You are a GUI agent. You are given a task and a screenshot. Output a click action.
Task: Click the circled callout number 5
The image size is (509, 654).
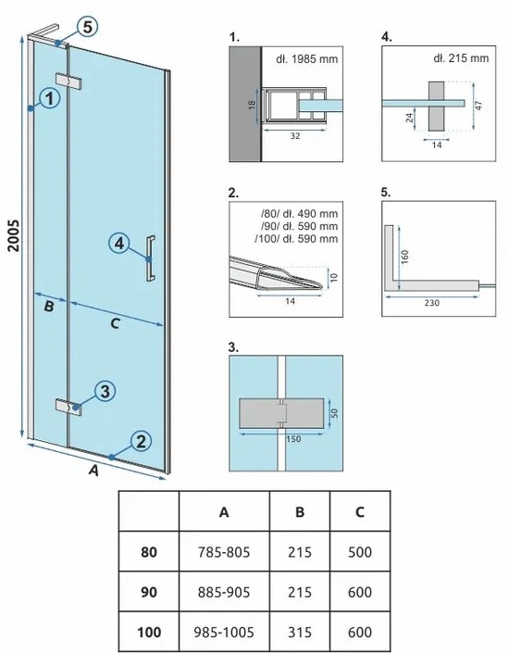[x=87, y=27]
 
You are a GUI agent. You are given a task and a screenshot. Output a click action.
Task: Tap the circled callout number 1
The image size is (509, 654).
[x=50, y=99]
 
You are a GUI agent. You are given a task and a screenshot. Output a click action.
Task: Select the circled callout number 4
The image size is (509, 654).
[x=119, y=243]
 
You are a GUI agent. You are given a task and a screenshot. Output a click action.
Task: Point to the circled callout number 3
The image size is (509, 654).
[x=105, y=392]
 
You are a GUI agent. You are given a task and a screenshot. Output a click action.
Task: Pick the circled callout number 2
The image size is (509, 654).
[x=141, y=441]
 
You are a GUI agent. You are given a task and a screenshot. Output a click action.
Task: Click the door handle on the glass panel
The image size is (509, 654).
[x=150, y=258]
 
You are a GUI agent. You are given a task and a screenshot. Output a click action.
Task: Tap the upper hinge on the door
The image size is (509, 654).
[x=68, y=82]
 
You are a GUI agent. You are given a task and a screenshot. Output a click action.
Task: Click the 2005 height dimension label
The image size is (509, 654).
[x=14, y=235]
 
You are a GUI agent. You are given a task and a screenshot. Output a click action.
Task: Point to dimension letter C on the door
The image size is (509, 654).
[x=115, y=323]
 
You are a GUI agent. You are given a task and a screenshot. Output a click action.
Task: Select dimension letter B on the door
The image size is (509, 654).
[x=49, y=307]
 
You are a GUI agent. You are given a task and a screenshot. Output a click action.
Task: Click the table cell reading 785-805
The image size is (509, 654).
[x=224, y=552]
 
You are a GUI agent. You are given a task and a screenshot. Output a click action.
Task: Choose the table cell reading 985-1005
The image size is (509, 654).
[x=224, y=633]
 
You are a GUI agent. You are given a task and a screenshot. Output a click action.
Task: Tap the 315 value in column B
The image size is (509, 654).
[x=300, y=633]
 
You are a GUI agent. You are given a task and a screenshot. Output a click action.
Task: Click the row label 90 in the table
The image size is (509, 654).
[x=149, y=592]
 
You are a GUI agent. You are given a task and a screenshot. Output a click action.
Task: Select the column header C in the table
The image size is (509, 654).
[x=360, y=511]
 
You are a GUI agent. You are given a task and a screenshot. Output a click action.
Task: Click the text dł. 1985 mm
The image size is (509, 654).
[x=307, y=59]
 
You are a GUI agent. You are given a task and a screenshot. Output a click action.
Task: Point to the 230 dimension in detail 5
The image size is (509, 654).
[x=432, y=303]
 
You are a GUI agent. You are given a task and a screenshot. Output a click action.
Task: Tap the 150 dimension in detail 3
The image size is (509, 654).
[x=293, y=439]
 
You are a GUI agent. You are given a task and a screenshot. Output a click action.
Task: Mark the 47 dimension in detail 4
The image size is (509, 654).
[x=479, y=105]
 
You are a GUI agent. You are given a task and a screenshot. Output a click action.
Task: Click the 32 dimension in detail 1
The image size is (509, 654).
[x=295, y=135]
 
